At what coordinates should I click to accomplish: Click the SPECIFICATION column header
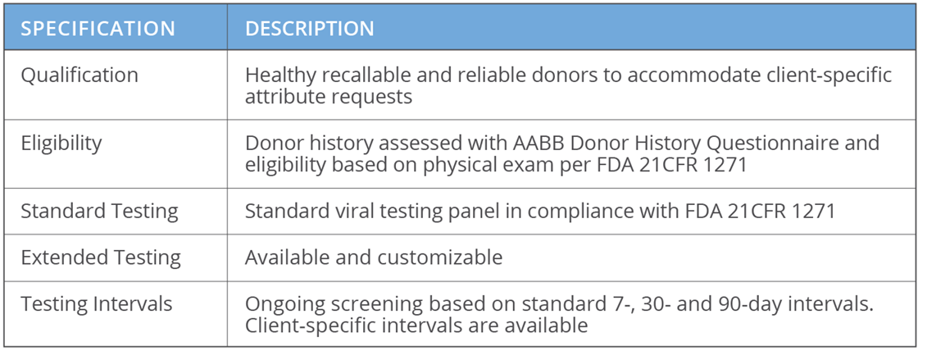(x=98, y=29)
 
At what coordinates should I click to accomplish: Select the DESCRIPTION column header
(x=310, y=29)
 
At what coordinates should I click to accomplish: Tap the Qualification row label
(x=80, y=75)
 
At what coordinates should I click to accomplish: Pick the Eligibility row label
(x=61, y=143)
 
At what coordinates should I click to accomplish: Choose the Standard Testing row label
(x=99, y=211)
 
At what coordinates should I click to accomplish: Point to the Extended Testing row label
(x=101, y=257)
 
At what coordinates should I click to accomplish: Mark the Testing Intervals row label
(x=97, y=304)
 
